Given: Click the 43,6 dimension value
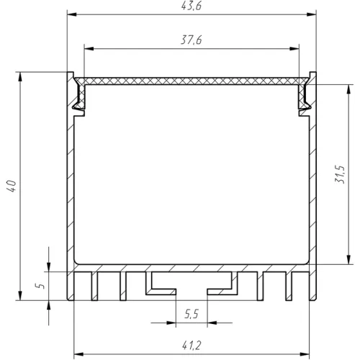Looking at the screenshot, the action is coord(192,6).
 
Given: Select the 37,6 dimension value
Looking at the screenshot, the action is coord(192,40).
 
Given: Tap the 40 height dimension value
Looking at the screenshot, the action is coord(12,186).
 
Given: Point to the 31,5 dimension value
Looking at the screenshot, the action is coord(340,174).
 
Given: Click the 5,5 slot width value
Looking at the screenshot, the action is coord(192,314).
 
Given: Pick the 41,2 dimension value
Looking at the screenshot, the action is coord(192,346).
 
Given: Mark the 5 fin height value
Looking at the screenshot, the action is coord(40,286).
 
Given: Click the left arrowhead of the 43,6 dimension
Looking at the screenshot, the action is coord(72,14).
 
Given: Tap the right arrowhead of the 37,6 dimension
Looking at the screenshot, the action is coord(294,49).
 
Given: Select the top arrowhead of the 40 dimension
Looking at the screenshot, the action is coord(20,76).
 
